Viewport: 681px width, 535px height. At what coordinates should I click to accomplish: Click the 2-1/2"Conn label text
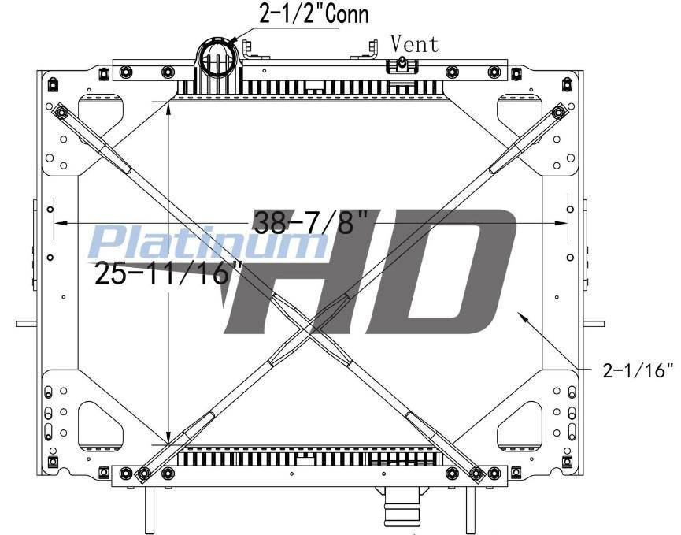[x=314, y=13]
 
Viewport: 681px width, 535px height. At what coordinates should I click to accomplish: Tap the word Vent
[x=414, y=43]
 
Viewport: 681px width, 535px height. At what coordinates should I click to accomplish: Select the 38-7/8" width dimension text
[x=311, y=222]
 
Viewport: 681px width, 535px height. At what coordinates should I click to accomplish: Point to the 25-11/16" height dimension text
[x=168, y=273]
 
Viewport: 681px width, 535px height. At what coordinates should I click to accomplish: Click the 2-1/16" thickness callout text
[x=638, y=370]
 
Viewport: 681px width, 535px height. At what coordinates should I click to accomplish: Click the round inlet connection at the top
[x=219, y=57]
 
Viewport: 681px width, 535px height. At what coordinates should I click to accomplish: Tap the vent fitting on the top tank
[x=402, y=65]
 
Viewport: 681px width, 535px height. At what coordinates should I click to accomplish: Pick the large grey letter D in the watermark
[x=439, y=272]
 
